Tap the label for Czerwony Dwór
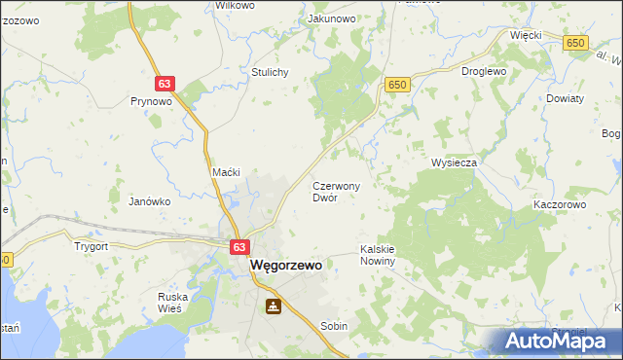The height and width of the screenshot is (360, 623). [337, 191]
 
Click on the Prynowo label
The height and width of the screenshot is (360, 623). [151, 100]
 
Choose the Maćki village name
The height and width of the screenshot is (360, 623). [226, 172]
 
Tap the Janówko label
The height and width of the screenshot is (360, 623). [150, 201]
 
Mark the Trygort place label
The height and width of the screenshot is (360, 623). [92, 246]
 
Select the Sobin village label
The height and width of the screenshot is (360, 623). [334, 327]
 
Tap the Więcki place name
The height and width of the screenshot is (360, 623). [526, 34]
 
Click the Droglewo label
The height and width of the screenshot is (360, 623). [484, 71]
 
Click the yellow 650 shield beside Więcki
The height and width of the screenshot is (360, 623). [576, 43]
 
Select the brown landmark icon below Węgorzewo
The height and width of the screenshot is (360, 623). [274, 307]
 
